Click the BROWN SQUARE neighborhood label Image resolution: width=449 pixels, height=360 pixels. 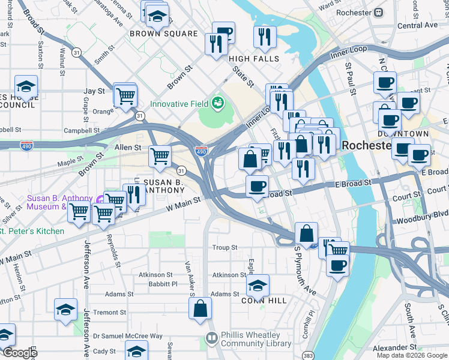[x=164, y=34]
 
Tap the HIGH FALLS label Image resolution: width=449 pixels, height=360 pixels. [x=254, y=59]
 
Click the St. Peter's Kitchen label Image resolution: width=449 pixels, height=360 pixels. [x=33, y=231]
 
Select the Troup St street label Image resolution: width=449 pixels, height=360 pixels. [x=225, y=247]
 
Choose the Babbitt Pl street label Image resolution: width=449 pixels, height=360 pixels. [x=163, y=284]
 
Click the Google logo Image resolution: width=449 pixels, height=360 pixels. [x=20, y=353]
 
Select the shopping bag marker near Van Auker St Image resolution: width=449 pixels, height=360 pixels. [x=200, y=308]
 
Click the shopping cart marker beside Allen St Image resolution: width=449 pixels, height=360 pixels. [x=160, y=156]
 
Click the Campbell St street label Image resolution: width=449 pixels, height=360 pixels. [x=82, y=130]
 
